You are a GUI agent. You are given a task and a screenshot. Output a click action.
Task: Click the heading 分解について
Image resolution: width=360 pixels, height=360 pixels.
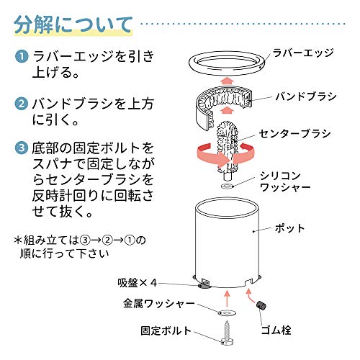(x=73, y=24)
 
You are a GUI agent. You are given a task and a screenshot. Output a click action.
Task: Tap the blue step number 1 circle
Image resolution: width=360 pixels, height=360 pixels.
(x=22, y=57)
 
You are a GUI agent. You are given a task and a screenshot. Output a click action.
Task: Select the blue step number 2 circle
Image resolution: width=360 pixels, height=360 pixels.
(x=22, y=104)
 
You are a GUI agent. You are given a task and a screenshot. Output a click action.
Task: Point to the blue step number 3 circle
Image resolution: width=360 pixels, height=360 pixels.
(x=22, y=148)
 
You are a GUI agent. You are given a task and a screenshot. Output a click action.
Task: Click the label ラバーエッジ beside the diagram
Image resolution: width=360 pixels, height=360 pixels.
(x=304, y=53)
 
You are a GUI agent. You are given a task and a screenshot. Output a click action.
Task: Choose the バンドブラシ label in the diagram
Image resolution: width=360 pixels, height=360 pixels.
(x=306, y=96)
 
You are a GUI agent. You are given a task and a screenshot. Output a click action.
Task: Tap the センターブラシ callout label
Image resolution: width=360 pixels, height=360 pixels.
(x=295, y=134)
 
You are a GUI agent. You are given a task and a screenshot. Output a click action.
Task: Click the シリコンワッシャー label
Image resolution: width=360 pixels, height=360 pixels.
(x=285, y=181)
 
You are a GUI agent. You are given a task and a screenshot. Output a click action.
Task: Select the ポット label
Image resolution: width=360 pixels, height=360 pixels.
(x=290, y=228)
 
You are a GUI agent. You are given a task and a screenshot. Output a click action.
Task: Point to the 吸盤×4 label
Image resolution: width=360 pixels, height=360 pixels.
(x=137, y=283)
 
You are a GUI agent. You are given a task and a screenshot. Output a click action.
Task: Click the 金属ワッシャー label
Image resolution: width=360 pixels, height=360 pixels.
(x=159, y=304)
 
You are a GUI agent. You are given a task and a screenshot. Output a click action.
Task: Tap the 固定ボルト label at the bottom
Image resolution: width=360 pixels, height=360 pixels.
(x=166, y=330)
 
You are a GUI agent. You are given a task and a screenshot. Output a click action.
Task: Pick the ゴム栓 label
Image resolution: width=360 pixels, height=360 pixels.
(x=276, y=330)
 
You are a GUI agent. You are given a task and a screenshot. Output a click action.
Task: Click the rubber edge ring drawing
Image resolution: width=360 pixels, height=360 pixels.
(x=227, y=73)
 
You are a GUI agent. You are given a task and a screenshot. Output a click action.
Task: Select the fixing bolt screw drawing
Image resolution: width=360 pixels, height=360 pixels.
(x=227, y=333)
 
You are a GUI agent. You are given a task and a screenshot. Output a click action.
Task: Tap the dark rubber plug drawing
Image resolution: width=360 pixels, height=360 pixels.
(x=261, y=305)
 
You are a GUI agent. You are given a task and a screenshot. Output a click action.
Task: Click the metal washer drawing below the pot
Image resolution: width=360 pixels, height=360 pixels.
(x=227, y=312)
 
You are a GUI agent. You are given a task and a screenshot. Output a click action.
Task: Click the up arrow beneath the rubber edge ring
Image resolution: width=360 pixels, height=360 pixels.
(x=227, y=81)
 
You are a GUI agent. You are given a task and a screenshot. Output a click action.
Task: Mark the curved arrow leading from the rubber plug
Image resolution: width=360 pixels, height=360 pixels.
(x=251, y=297)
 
